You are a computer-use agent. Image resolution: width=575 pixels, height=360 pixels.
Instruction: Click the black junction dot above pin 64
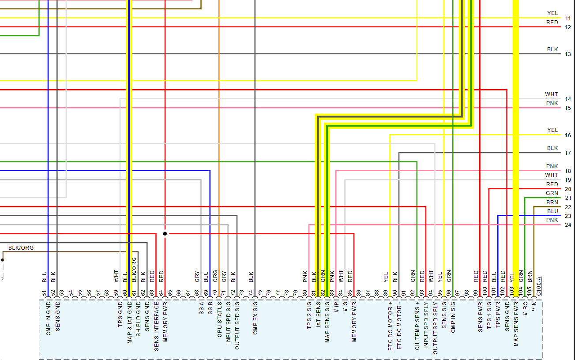click(165, 233)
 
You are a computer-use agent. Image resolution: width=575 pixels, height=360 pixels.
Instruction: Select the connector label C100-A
click(539, 283)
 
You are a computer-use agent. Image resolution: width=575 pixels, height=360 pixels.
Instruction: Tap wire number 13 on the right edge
click(567, 54)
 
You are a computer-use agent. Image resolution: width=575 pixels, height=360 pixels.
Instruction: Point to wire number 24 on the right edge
click(567, 225)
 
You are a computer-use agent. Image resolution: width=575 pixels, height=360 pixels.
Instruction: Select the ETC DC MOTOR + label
click(391, 326)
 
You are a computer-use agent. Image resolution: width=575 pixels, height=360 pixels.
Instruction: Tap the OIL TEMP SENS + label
click(417, 326)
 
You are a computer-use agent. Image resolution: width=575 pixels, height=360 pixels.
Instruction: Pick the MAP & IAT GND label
click(130, 322)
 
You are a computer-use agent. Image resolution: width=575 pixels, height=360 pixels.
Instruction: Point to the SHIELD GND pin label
click(139, 319)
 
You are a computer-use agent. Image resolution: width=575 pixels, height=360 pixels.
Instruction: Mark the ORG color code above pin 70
click(215, 276)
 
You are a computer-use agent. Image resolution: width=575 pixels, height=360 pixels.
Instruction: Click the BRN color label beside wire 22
click(552, 202)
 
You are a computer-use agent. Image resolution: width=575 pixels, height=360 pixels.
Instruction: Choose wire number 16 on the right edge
click(567, 135)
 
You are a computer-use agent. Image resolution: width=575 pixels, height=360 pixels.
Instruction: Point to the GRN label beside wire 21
click(552, 193)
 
